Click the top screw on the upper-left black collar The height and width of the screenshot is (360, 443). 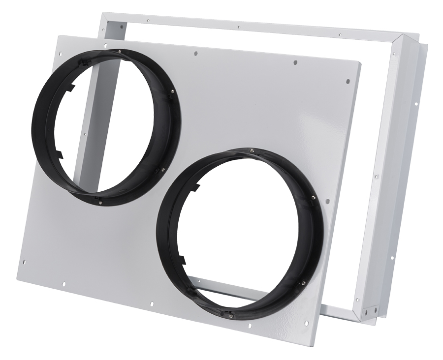click(120, 51)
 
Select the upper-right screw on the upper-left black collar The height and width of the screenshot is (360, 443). click(171, 90)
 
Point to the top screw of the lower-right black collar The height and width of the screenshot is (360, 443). click(252, 151)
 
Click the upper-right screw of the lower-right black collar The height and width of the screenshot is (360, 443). click(313, 197)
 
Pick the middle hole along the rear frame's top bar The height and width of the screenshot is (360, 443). click(238, 28)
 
